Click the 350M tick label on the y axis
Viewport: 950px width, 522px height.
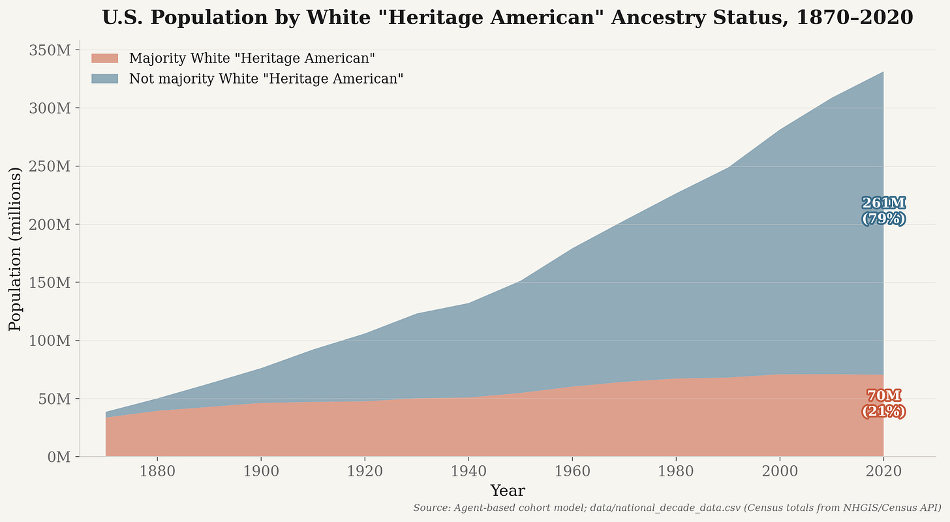(x=50, y=50)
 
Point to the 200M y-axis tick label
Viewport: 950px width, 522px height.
(x=50, y=224)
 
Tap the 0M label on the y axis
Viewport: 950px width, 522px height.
(x=59, y=457)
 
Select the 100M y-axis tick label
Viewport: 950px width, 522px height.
(x=50, y=341)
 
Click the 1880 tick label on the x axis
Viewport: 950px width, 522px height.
(x=157, y=472)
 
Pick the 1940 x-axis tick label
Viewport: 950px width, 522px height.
(x=468, y=472)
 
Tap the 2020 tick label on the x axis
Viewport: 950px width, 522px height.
(x=883, y=472)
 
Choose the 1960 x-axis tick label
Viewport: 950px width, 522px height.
(x=572, y=472)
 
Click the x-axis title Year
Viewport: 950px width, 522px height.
(x=508, y=491)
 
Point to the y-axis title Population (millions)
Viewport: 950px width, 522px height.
(x=15, y=249)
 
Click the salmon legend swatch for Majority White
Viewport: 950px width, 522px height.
(x=105, y=58)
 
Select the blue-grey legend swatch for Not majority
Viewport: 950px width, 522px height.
(x=105, y=78)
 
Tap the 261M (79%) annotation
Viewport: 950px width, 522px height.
(x=884, y=211)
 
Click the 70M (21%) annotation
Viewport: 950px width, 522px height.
(x=884, y=404)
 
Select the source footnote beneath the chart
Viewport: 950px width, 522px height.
(x=677, y=508)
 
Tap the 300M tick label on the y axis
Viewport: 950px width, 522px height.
(x=50, y=108)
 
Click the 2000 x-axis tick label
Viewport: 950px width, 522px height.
(x=780, y=472)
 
